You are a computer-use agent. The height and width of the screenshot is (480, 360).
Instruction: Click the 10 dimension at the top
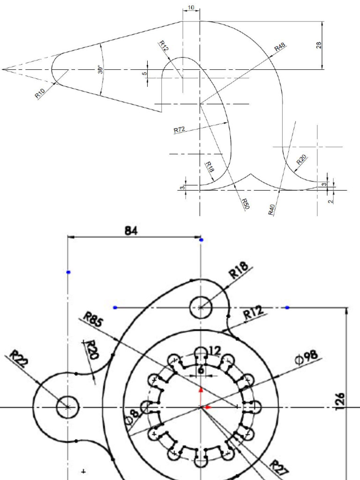(191, 8)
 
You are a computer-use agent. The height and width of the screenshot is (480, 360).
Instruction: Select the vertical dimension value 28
(319, 45)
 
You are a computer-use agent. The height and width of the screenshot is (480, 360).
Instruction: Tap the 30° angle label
(100, 69)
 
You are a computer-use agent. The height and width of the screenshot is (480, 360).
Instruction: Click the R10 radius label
(40, 93)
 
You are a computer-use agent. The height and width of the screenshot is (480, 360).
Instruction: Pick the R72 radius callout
(180, 129)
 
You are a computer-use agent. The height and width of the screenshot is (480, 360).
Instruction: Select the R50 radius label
(245, 203)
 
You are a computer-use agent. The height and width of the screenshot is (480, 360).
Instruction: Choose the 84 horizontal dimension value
(131, 231)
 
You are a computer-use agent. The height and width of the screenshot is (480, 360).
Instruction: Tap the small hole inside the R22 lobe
(68, 407)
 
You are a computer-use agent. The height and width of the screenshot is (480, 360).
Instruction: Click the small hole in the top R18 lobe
(201, 307)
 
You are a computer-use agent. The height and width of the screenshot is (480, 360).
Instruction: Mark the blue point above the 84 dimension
(201, 240)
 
